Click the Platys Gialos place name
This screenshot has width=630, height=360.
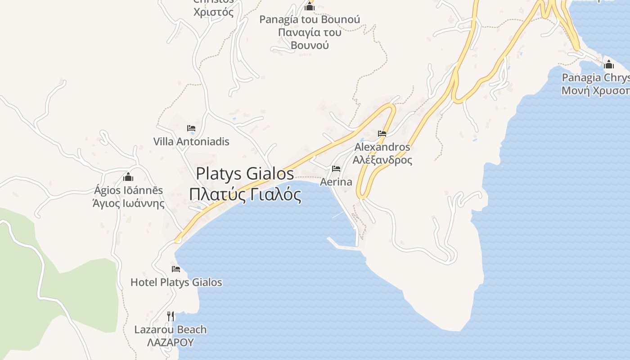[245, 174]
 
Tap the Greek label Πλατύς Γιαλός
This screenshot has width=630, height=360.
[245, 195]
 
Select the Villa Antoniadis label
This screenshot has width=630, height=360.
[191, 141]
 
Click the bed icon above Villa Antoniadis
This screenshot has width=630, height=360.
[191, 128]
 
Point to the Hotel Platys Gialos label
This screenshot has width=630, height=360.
[176, 282]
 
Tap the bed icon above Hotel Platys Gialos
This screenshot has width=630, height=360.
[176, 269]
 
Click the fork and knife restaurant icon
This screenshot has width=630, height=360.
[171, 316]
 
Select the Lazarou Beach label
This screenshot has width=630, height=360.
[171, 329]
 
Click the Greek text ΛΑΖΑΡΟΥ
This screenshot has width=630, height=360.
[171, 342]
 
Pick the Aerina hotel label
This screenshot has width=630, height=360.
[336, 182]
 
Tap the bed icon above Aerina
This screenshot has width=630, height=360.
[336, 169]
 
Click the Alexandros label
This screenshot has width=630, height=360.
[382, 147]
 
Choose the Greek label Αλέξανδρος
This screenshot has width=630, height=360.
[382, 160]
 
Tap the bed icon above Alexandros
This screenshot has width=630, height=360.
[382, 134]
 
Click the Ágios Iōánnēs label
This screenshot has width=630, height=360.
[128, 190]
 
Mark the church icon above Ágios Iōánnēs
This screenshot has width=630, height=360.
[128, 177]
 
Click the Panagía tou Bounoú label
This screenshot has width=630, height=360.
[310, 19]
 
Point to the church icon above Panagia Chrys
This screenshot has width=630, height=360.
[609, 64]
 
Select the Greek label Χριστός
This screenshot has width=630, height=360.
[214, 12]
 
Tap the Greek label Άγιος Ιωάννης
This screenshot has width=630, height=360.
[128, 203]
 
